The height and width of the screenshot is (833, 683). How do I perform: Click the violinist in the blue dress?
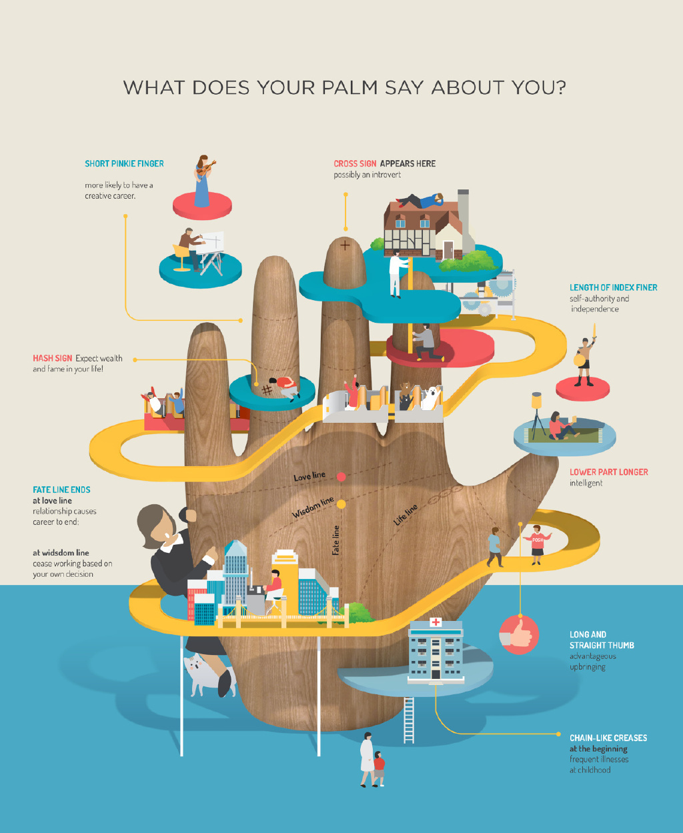click(203, 181)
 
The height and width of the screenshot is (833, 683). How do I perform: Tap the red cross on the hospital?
click(436, 622)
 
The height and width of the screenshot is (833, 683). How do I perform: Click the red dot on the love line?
click(341, 477)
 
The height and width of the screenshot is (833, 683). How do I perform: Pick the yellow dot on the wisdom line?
click(341, 504)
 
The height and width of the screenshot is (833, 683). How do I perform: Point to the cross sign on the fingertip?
click(345, 245)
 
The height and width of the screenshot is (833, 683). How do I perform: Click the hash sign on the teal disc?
click(267, 390)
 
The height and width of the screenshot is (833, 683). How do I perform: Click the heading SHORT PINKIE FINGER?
click(124, 163)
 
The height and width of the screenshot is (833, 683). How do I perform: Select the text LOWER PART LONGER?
click(609, 472)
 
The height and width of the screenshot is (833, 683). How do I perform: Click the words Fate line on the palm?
click(335, 540)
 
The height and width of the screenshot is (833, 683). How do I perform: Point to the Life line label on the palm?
click(406, 515)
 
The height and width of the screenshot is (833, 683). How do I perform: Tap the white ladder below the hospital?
click(409, 720)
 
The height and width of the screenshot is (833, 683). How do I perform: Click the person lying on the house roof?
click(420, 201)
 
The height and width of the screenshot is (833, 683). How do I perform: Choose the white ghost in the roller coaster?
click(431, 397)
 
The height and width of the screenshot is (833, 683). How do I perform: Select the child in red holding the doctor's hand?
click(379, 768)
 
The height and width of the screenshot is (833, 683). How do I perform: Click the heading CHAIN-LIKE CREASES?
click(608, 738)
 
